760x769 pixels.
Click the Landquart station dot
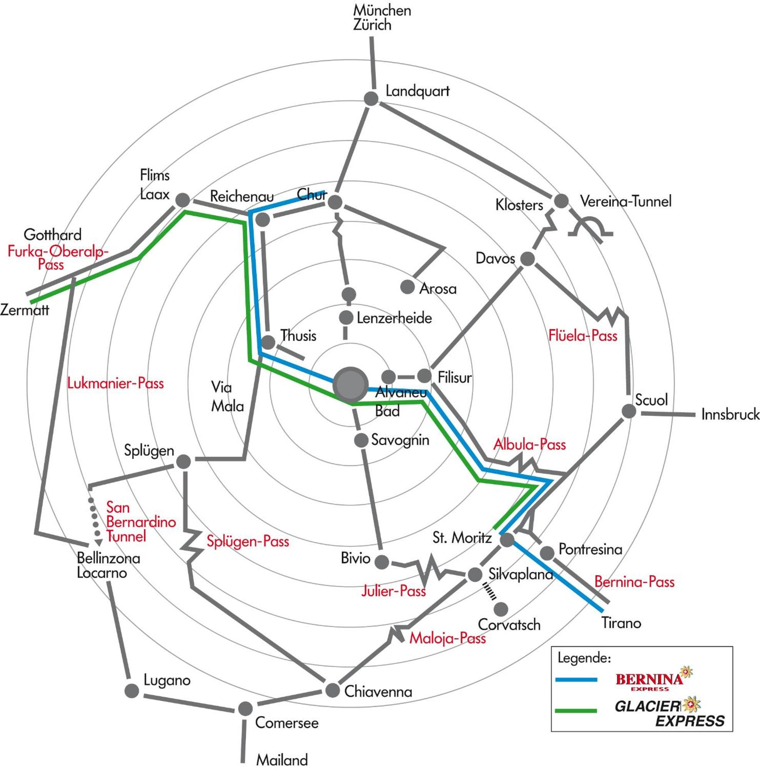coord(371,99)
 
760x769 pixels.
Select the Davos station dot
coord(527,259)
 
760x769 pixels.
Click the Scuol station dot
coord(629,411)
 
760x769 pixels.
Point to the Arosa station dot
coord(407,286)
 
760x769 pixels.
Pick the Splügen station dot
coord(183,462)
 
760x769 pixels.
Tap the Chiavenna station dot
coord(332,690)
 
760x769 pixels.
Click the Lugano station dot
coord(132,691)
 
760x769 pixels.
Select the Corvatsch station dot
coord(501,609)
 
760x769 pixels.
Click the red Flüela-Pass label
coord(582,336)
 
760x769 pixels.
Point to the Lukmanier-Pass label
coord(115,383)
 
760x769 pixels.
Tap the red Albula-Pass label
coord(529,444)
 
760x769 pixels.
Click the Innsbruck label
coord(730,414)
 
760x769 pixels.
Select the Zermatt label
coord(25,310)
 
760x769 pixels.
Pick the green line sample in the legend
coord(576,710)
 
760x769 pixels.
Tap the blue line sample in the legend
coord(576,679)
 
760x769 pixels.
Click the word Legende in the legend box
coord(583,657)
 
